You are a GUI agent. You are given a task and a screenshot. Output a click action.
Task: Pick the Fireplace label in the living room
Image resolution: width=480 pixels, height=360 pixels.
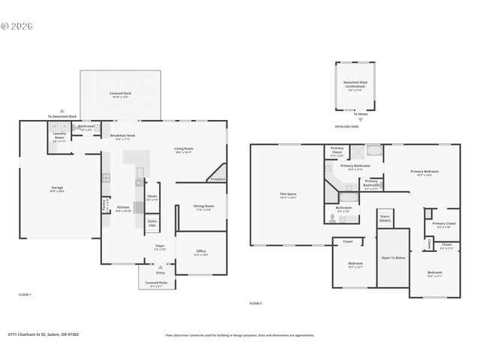click(x=217, y=179)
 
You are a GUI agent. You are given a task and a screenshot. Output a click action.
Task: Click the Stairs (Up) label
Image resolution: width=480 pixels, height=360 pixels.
click(x=152, y=223)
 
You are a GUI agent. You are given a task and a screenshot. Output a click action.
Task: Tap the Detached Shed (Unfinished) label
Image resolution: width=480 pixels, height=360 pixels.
click(x=355, y=85)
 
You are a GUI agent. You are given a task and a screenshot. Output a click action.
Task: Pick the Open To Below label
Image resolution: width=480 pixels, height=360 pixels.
click(x=392, y=257)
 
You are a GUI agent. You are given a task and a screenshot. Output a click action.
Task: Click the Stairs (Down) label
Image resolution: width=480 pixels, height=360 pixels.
click(x=385, y=219)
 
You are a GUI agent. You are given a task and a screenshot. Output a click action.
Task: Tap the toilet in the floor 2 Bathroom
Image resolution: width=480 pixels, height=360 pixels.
click(x=332, y=220)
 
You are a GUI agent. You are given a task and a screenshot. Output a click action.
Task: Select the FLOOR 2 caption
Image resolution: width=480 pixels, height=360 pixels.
click(x=255, y=304)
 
